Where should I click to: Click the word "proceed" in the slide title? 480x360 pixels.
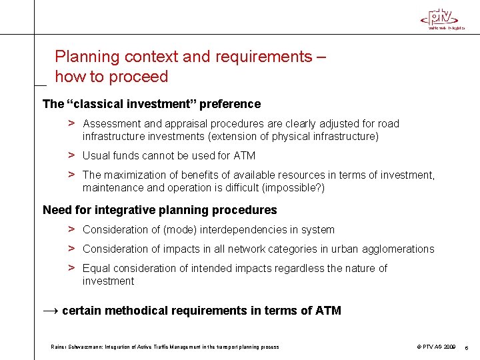click(139, 77)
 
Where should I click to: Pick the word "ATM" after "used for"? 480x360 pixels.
click(244, 156)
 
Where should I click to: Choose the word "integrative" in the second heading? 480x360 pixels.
click(124, 210)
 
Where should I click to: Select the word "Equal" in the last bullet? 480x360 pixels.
click(96, 268)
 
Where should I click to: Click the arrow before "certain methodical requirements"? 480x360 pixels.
click(50, 311)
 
